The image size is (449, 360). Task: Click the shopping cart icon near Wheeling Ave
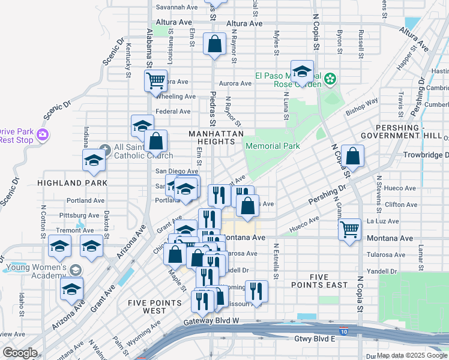(x=155, y=80)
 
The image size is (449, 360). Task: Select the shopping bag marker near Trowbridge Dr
(x=353, y=155)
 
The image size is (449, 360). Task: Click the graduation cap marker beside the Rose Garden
(x=303, y=71)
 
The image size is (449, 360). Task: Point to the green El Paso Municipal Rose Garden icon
(x=330, y=79)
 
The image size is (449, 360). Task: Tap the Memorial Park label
(x=272, y=146)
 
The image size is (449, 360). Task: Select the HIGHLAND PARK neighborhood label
(x=72, y=182)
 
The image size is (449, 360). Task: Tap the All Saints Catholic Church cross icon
(x=104, y=148)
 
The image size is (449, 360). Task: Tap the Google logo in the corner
(x=20, y=353)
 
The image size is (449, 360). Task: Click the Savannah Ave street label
(x=176, y=7)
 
